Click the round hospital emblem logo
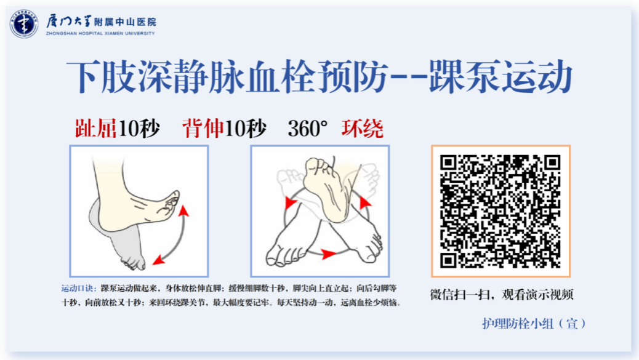coord(23,23)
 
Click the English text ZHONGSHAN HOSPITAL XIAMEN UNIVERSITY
coord(100,33)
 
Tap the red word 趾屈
coord(96,129)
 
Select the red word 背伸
coord(203,129)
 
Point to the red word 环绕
coord(363,129)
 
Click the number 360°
coord(308,129)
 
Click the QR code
coord(500,211)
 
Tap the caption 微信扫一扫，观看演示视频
coord(502,294)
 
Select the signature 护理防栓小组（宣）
coord(534,324)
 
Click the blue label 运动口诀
coord(79,289)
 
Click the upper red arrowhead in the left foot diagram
coord(184,210)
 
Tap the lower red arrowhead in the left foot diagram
coord(159,260)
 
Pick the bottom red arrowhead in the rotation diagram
coord(329,255)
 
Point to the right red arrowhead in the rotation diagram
coord(365,202)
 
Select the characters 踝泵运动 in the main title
coord(501,76)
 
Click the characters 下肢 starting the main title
coord(102,76)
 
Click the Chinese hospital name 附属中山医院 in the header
coord(125,22)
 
